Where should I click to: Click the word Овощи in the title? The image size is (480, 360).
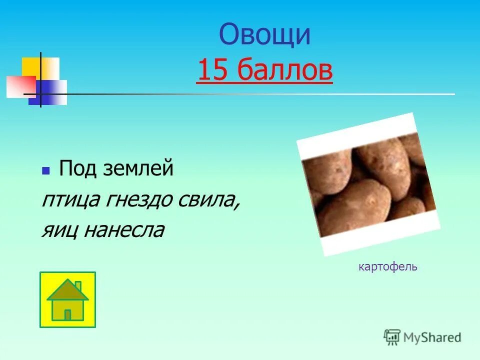click(264, 35)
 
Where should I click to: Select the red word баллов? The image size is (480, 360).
click(284, 70)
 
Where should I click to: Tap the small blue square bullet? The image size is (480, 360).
click(45, 171)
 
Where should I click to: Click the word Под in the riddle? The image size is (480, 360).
click(75, 168)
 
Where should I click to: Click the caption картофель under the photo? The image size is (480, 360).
click(387, 267)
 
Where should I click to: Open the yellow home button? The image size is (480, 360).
click(67, 299)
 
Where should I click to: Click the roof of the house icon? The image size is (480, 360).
click(67, 290)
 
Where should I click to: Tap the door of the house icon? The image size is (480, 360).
click(67, 314)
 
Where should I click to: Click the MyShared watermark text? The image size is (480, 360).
click(432, 337)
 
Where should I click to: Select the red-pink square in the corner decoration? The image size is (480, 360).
click(20, 86)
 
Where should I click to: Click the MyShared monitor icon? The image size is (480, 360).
click(392, 337)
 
